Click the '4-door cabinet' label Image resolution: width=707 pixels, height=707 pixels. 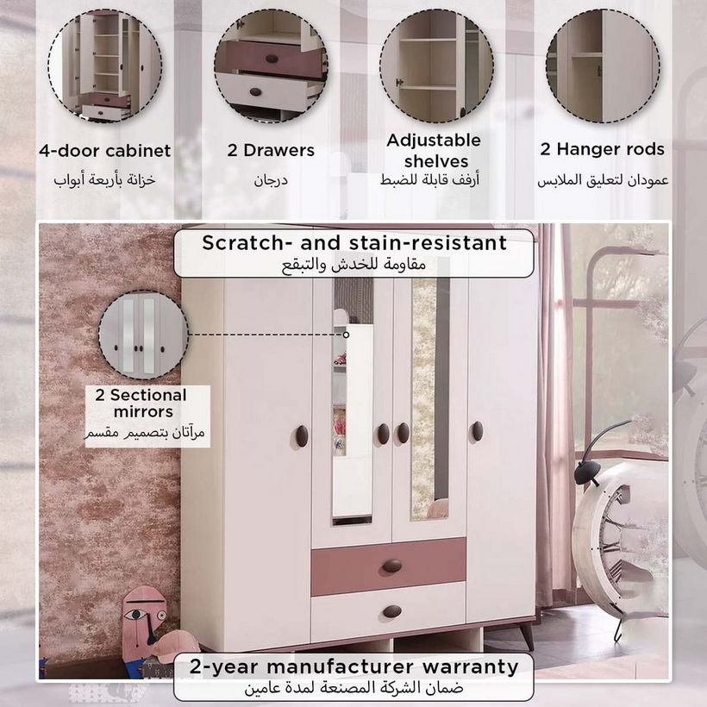pyautogui.click(x=104, y=151)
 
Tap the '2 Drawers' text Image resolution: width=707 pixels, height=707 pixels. pyautogui.click(x=271, y=150)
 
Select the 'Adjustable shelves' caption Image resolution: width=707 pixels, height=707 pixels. pyautogui.click(x=434, y=151)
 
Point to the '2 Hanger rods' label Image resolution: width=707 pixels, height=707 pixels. pyautogui.click(x=603, y=149)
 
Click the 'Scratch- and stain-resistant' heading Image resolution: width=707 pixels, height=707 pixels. pyautogui.click(x=354, y=242)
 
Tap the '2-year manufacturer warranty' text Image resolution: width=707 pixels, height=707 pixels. pyautogui.click(x=354, y=666)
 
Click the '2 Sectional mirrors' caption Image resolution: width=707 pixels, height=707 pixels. pyautogui.click(x=141, y=404)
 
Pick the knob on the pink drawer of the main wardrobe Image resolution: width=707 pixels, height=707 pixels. pyautogui.click(x=391, y=566)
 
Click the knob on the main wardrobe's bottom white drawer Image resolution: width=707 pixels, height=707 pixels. pyautogui.click(x=391, y=611)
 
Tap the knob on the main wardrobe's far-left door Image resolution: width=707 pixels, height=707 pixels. pyautogui.click(x=302, y=436)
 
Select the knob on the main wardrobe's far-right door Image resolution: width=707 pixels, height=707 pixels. pyautogui.click(x=477, y=431)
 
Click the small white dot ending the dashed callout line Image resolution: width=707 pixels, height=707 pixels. pyautogui.click(x=346, y=335)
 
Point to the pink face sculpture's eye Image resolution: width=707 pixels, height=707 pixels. pyautogui.click(x=134, y=614)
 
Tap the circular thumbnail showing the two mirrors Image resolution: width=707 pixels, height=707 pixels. pyautogui.click(x=143, y=335)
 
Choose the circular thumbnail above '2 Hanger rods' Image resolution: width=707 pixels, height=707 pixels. pyautogui.click(x=603, y=66)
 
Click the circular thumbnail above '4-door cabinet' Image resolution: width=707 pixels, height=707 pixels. pyautogui.click(x=104, y=66)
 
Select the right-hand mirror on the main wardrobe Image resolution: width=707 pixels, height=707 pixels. pyautogui.click(x=430, y=399)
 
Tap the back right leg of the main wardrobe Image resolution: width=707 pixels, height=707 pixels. pyautogui.click(x=527, y=635)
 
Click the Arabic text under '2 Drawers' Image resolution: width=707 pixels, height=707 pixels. pyautogui.click(x=271, y=180)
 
